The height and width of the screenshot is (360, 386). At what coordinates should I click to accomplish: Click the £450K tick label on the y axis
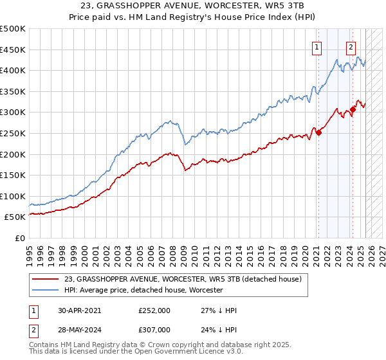pos(13,50)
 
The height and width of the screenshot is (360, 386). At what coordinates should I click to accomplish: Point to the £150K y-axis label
pos(13,175)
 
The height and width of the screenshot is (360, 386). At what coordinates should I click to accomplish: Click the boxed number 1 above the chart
pos(318,46)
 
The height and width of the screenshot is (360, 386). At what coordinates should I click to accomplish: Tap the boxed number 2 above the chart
pos(351,46)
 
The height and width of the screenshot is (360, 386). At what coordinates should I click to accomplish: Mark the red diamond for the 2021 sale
pos(318,133)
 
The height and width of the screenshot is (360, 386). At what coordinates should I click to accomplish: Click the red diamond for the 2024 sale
pos(353,110)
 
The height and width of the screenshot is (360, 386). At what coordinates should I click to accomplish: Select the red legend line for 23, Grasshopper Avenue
pos(46,278)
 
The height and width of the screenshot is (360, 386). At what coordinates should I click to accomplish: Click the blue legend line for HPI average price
pos(46,290)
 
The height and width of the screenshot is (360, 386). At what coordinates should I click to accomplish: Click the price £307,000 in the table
pos(154,329)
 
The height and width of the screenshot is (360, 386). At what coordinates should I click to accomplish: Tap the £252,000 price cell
pos(154,310)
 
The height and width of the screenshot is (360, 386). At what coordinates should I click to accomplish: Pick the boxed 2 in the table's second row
pos(33,329)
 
